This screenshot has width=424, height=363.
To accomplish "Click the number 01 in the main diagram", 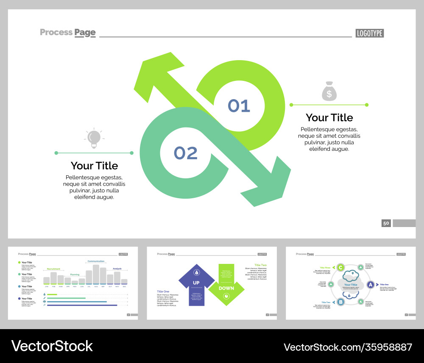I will pyautogui.click(x=239, y=106).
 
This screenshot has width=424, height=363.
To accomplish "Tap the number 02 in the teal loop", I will pyautogui.click(x=186, y=153).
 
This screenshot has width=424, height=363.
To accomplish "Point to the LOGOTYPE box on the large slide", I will pyautogui.click(x=369, y=33).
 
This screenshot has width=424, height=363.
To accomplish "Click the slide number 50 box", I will pyautogui.click(x=386, y=223).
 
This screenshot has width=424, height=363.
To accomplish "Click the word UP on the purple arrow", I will pyautogui.click(x=196, y=283).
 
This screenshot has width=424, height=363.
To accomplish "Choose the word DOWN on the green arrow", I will pyautogui.click(x=226, y=288).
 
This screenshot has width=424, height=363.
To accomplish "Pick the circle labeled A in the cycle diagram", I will pyautogui.click(x=370, y=285).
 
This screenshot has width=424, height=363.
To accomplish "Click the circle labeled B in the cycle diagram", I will pyautogui.click(x=340, y=302).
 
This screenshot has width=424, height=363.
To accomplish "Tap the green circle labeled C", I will pyautogui.click(x=340, y=267).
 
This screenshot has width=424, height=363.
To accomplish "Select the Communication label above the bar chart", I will pyautogui.click(x=96, y=261).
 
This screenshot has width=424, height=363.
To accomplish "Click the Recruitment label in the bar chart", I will pyautogui.click(x=53, y=269).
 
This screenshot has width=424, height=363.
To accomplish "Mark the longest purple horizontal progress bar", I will pyautogui.click(x=82, y=305).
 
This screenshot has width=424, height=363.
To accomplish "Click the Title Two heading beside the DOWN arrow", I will pyautogui.click(x=261, y=265).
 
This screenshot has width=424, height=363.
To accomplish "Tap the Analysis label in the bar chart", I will pyautogui.click(x=117, y=269).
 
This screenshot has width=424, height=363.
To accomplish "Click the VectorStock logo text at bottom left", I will pyautogui.click(x=52, y=346).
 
